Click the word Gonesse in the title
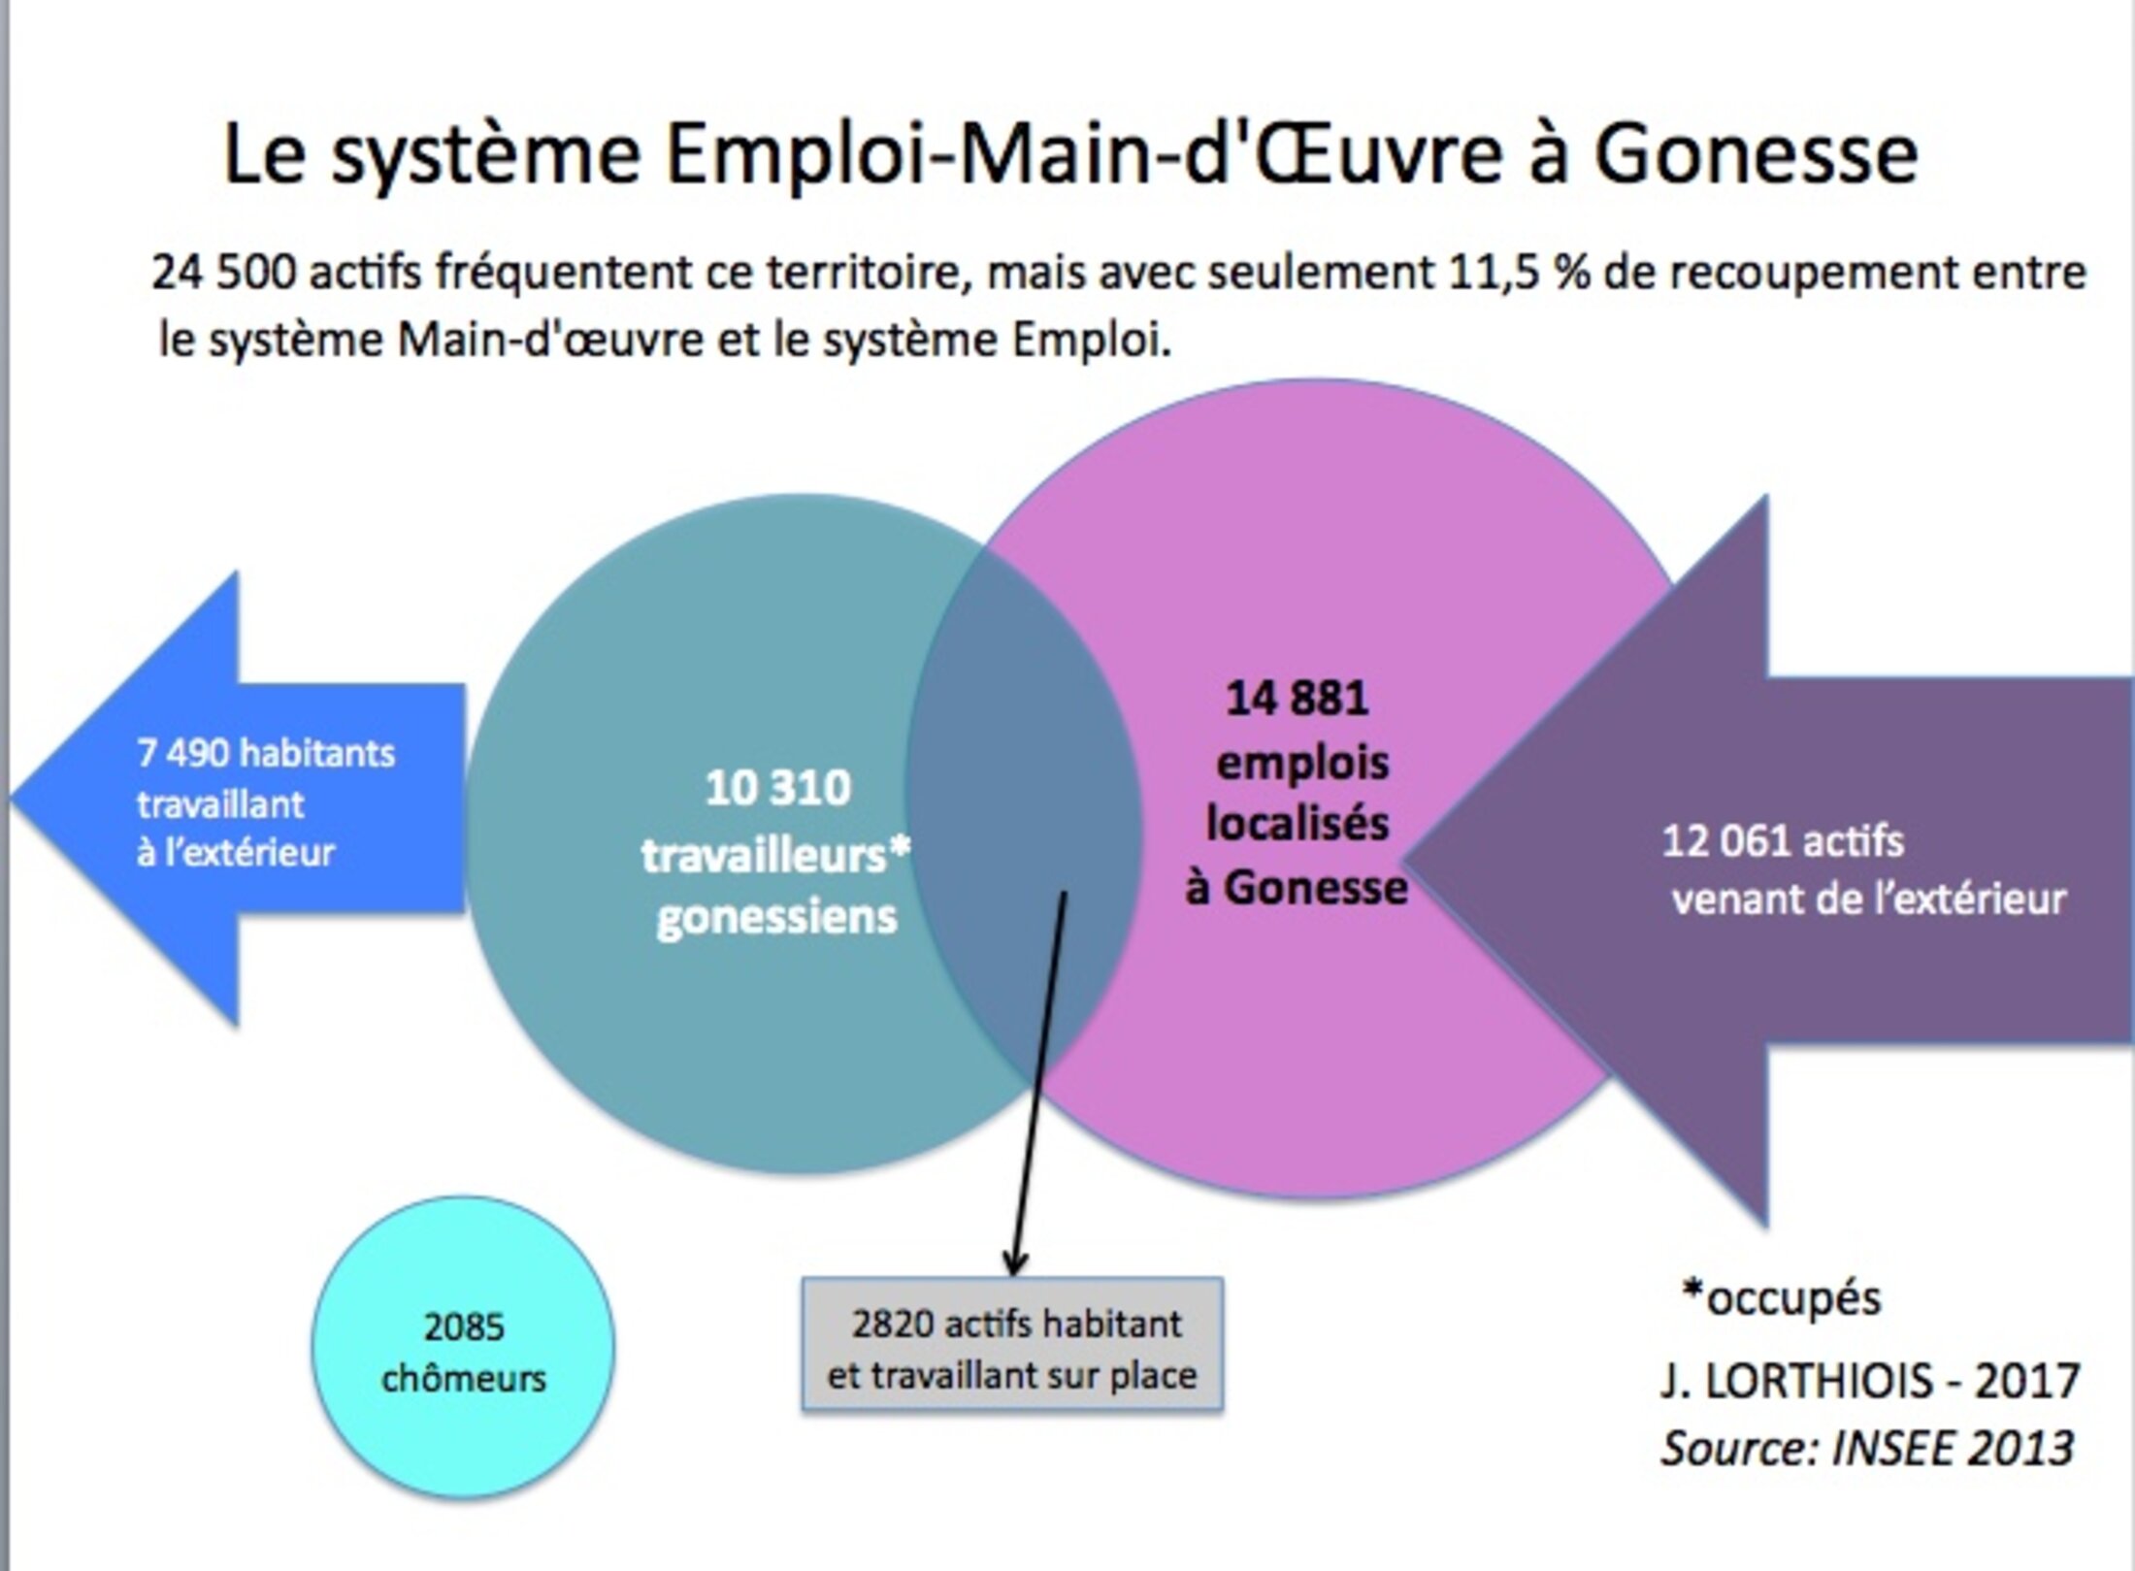(x=1755, y=155)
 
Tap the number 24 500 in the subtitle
(x=222, y=273)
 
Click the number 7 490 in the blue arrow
(x=183, y=754)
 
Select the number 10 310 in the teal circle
(x=777, y=788)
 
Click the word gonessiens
(x=776, y=917)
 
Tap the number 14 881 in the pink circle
(x=1297, y=699)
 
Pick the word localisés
(x=1297, y=824)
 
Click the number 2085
(x=464, y=1326)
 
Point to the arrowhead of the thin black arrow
(x=1014, y=1266)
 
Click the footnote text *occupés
(x=1782, y=1298)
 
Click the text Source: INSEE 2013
(x=1867, y=1449)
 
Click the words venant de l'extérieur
(x=1869, y=900)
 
